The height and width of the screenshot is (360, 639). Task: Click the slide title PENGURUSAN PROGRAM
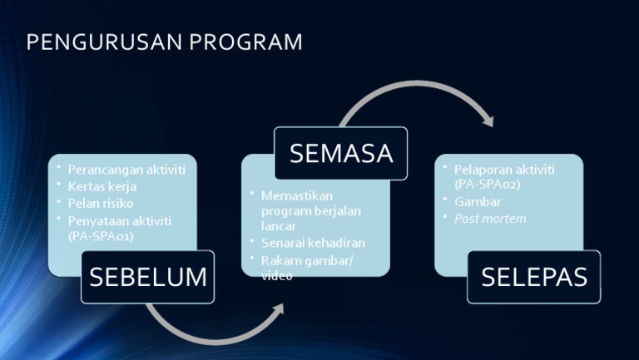164,42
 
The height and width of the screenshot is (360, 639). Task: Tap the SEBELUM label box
148,277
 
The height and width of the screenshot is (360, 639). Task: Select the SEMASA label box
341,153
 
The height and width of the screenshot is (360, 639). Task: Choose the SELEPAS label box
533,277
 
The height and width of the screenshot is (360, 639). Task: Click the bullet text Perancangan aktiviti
126,170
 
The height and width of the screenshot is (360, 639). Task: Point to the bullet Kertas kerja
102,186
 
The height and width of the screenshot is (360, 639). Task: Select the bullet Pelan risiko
101,203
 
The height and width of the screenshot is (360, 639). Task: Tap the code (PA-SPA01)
101,236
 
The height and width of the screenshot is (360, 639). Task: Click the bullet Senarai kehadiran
313,243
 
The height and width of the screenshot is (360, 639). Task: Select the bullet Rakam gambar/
307,260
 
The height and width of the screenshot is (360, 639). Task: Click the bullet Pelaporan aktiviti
504,170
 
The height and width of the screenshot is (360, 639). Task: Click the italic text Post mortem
490,219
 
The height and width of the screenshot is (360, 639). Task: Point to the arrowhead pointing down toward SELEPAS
488,121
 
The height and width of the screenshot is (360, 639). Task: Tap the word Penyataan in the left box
97,220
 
